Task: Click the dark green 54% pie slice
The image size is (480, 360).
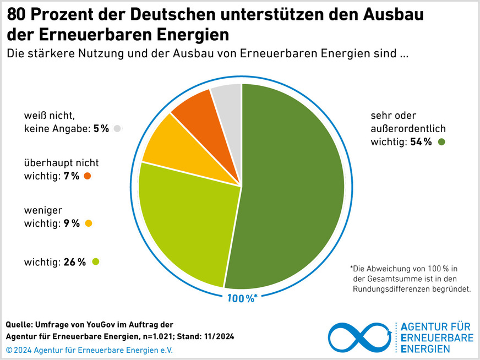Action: [292, 182]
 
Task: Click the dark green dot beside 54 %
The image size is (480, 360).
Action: [441, 143]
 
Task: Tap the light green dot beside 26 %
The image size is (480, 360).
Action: [96, 262]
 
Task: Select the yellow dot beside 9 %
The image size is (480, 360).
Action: [89, 223]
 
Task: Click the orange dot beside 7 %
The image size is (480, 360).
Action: [88, 176]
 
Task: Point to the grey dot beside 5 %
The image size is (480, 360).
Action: [117, 129]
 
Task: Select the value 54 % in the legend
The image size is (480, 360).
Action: [421, 143]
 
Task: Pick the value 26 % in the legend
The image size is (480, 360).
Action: [75, 262]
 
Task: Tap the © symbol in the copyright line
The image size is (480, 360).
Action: [9, 350]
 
